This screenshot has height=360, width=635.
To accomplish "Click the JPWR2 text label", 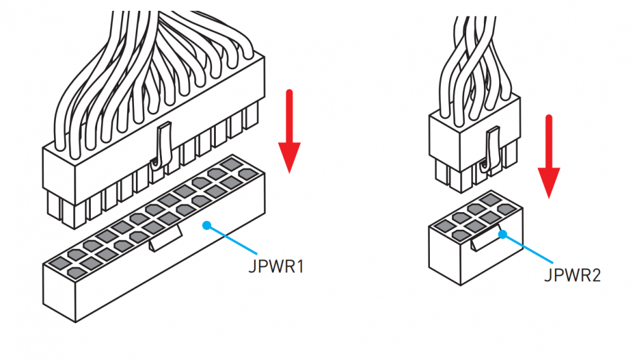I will coord(572,275).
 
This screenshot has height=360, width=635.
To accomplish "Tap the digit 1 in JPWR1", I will coord(300,265).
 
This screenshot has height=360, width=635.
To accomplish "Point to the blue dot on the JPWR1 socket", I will coord(206,225).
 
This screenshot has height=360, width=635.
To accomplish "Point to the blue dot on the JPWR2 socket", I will coord(502,234).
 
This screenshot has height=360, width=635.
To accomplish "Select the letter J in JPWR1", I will coord(252,265).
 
